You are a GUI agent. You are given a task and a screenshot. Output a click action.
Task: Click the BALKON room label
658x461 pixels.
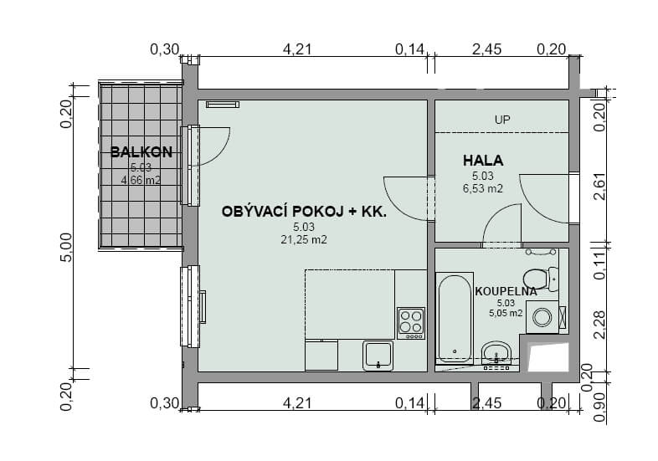[x=141, y=151]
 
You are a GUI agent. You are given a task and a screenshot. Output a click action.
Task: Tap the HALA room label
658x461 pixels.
[x=483, y=161]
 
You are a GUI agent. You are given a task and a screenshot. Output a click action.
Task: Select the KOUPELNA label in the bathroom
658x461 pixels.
[x=506, y=291]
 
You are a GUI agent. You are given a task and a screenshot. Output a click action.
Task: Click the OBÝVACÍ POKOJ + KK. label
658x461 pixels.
[x=304, y=212]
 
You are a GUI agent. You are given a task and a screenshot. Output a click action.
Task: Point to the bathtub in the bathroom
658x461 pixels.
[x=455, y=318]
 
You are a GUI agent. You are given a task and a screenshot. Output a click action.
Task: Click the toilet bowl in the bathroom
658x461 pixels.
[x=541, y=279]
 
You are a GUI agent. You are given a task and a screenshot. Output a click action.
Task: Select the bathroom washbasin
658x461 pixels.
[x=496, y=353]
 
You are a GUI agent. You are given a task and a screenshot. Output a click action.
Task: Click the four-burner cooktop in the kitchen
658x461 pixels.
[x=411, y=323]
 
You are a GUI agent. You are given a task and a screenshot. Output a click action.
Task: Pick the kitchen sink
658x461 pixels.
[x=378, y=356]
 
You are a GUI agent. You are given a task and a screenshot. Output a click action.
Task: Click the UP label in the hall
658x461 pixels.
[x=502, y=120]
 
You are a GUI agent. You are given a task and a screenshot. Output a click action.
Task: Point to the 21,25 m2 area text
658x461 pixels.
[x=304, y=240]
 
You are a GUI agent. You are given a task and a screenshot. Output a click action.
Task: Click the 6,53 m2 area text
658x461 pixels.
[x=483, y=189]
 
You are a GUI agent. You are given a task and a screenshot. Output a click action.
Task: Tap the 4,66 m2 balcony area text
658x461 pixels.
[x=141, y=181]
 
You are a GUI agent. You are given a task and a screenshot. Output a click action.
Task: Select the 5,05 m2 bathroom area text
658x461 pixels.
[x=506, y=313]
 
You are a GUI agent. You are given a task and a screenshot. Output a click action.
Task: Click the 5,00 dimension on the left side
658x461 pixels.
[x=66, y=248]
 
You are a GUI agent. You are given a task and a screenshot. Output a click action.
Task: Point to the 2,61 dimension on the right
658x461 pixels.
[x=600, y=187]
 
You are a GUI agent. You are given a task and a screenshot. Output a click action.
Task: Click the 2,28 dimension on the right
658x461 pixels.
[x=600, y=325]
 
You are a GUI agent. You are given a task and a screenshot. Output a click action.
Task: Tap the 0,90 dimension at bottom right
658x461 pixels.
[x=600, y=407]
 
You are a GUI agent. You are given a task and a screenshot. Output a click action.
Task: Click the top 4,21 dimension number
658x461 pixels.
[x=297, y=49]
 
